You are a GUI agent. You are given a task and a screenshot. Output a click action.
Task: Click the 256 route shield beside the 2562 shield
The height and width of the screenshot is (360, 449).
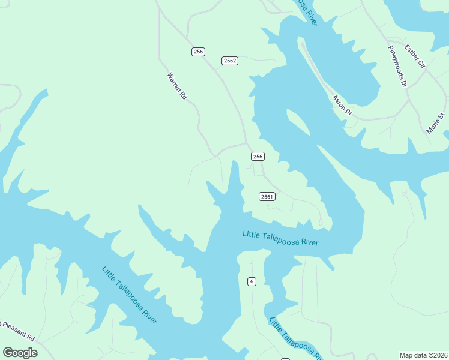[198, 52]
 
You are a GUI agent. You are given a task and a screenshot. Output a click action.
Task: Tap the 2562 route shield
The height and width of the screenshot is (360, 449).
[229, 61]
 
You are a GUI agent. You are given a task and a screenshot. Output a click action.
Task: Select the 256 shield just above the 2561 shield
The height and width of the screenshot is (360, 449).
[257, 157]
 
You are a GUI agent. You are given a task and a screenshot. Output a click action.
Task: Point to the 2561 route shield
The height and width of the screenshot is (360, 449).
[267, 197]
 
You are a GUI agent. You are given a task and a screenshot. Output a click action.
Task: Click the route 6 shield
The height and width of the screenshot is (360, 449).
[252, 281]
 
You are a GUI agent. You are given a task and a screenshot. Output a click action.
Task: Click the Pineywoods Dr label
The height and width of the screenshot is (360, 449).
[397, 67]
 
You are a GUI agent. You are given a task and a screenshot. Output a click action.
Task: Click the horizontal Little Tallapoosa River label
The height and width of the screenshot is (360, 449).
[280, 238]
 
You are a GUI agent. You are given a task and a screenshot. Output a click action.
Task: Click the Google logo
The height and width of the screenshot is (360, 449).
[20, 353]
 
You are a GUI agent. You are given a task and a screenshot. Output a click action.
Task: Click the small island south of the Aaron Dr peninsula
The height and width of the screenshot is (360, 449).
[298, 124]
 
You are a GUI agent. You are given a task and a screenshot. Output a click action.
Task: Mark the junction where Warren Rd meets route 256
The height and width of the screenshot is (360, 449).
[246, 143]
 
